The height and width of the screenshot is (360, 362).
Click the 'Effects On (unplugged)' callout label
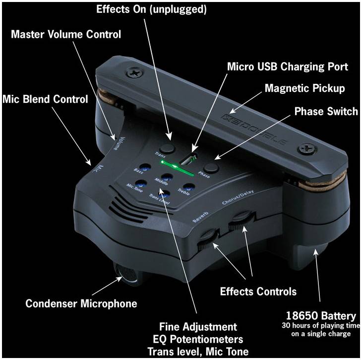click(x=151, y=9)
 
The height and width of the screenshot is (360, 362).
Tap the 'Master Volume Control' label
click(x=66, y=34)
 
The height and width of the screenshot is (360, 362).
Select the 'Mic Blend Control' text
click(x=45, y=99)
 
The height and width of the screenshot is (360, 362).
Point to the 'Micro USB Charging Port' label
click(x=288, y=67)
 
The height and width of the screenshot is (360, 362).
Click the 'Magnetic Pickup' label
click(x=305, y=88)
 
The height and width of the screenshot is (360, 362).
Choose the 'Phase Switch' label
click(x=326, y=111)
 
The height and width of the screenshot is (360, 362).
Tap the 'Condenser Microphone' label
click(x=81, y=303)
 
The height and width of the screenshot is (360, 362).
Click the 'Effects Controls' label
click(x=258, y=291)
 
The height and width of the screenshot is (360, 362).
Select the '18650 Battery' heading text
click(x=321, y=316)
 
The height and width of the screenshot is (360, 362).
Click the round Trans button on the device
click(x=168, y=148)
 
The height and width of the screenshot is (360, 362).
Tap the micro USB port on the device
click(x=188, y=159)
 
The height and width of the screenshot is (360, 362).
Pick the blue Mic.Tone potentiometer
click(x=141, y=184)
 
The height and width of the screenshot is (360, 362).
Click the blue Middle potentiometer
click(x=167, y=178)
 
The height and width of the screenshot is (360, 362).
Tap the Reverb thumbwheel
click(x=208, y=239)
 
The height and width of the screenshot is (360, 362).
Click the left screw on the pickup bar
click(x=134, y=73)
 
